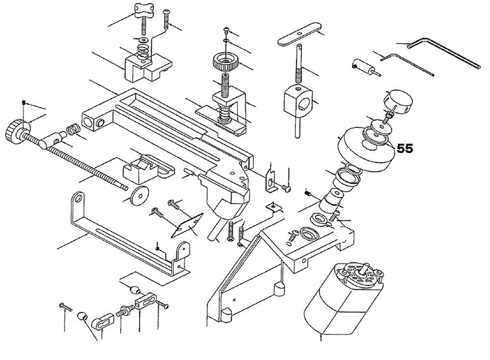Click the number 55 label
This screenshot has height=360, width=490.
[404, 149]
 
